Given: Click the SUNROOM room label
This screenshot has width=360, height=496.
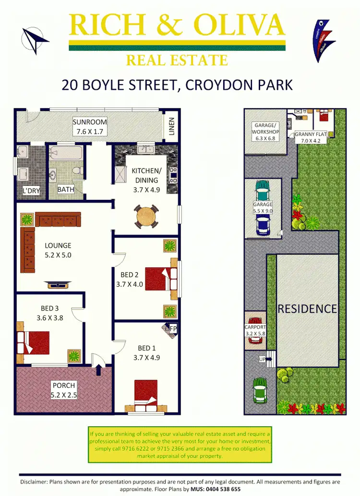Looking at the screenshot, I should tap(89, 122).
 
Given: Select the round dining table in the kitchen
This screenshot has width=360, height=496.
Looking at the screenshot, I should tap(147, 218).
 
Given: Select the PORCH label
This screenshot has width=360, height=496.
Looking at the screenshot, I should tap(64, 386).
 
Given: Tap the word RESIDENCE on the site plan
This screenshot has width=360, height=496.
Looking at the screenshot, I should tap(307, 309).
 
